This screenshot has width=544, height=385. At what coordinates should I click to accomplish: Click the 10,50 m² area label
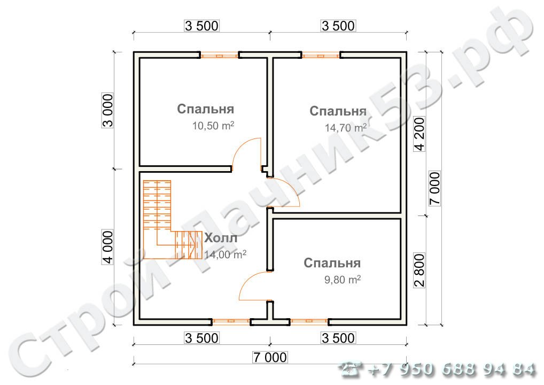(213, 125)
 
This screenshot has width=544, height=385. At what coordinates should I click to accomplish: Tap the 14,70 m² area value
(346, 127)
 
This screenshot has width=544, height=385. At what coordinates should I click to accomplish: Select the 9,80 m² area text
(343, 279)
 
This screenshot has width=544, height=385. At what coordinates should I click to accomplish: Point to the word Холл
(221, 238)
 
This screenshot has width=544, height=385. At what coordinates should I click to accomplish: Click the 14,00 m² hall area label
(225, 255)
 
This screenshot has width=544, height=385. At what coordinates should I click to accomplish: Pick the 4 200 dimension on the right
(419, 134)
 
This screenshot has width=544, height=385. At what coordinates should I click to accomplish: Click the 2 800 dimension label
(419, 271)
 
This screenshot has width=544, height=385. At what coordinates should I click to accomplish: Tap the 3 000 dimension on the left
(107, 110)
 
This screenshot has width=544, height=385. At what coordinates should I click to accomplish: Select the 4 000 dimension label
(107, 247)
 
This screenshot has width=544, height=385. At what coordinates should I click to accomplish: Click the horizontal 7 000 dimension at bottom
(270, 357)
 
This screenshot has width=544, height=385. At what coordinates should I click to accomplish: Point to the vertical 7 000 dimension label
(434, 189)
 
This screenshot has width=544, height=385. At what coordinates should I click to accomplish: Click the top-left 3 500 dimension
(201, 26)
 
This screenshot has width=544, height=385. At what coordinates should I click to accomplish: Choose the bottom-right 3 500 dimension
(338, 338)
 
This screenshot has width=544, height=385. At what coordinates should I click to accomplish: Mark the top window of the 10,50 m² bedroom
(219, 55)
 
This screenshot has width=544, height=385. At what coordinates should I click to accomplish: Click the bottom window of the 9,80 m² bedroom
(309, 322)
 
